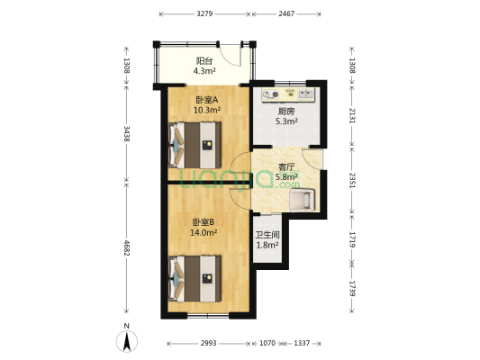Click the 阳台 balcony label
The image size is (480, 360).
pyautogui.click(x=204, y=60)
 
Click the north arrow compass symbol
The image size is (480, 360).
pyautogui.click(x=128, y=340)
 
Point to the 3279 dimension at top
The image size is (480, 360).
pyautogui.click(x=204, y=14)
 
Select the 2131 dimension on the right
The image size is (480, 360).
pyautogui.click(x=352, y=115)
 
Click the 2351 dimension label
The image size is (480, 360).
pyautogui.click(x=352, y=177)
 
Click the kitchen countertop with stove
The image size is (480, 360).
pyautogui.click(x=286, y=93)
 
